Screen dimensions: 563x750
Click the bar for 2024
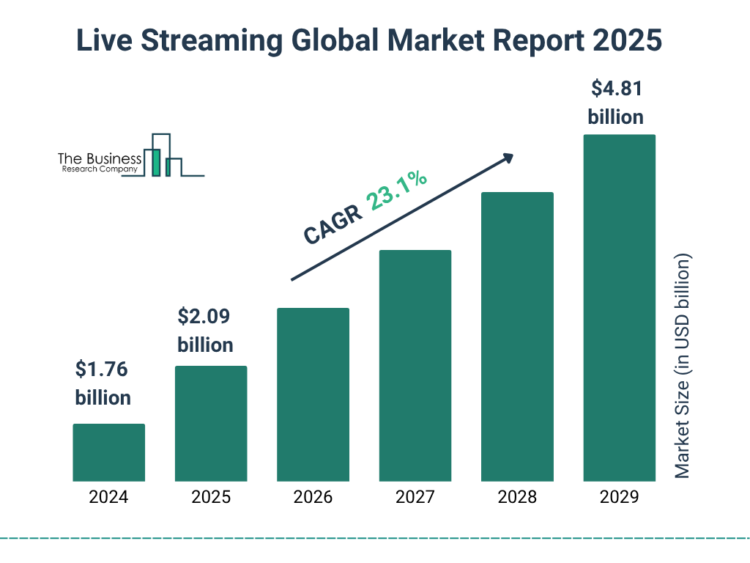108,452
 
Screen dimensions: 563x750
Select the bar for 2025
211,424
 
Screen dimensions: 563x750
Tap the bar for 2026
313,394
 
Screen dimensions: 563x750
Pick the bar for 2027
415,366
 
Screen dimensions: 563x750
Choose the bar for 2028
517,336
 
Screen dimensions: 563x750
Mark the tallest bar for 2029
619,308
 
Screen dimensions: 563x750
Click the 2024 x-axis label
108,497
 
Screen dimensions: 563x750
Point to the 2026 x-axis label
313,497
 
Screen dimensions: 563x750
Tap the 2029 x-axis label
619,497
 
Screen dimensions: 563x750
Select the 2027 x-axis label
415,497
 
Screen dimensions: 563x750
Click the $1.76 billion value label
103,383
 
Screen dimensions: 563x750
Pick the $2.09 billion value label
205,331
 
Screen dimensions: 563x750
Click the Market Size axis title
683,367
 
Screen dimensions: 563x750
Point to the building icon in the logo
163,155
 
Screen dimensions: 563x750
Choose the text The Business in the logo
99,159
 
